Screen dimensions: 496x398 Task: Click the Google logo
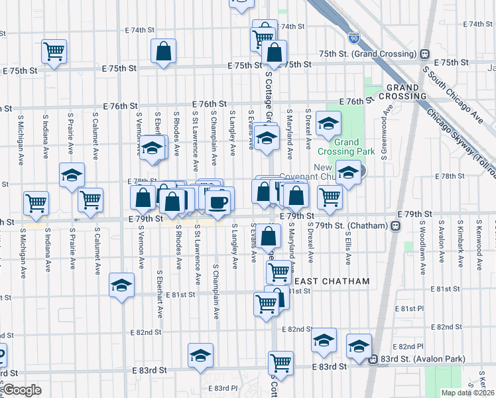[x=23, y=390]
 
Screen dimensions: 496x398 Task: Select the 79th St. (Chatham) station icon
[x=395, y=226]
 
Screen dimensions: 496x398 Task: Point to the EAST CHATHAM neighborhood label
[x=331, y=281]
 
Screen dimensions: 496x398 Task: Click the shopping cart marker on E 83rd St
[x=280, y=363]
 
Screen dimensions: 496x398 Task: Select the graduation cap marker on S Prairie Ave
[x=72, y=175]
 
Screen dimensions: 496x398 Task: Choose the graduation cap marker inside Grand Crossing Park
[x=328, y=123]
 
